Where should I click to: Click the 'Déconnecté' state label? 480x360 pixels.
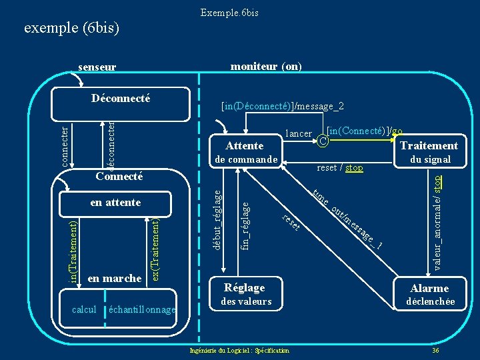[121, 99]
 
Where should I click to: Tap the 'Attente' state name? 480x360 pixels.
[245, 145]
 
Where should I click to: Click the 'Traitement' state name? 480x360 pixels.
[429, 145]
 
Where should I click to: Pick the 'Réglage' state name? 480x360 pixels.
[245, 287]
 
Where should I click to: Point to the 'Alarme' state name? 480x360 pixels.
[429, 288]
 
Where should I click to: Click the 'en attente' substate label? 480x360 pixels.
[115, 201]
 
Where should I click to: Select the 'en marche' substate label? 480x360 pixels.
[115, 278]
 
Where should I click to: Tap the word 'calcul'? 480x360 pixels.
[84, 309]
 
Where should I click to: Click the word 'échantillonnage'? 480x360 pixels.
[141, 309]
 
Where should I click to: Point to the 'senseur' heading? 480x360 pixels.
[97, 67]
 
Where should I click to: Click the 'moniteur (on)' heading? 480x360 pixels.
[265, 66]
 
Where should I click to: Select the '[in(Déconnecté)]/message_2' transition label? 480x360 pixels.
[283, 106]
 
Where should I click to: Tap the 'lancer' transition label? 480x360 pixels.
[298, 133]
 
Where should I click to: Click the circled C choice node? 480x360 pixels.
[322, 141]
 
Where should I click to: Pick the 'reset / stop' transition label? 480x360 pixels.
[340, 167]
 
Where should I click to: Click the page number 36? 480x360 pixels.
[435, 350]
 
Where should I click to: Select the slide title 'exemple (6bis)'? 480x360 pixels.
[71, 28]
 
